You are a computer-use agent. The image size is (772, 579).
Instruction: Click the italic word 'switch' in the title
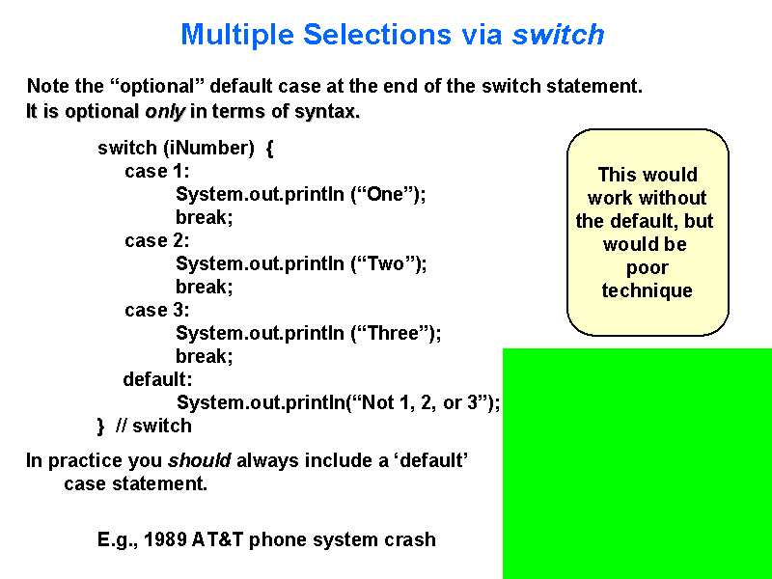click(558, 35)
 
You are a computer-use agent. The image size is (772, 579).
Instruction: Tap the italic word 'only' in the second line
click(164, 111)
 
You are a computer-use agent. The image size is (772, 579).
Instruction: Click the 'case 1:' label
click(157, 171)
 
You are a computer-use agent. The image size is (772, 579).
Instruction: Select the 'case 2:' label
click(157, 240)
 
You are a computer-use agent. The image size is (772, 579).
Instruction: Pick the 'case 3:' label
click(157, 310)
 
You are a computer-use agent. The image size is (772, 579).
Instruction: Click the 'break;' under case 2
click(204, 287)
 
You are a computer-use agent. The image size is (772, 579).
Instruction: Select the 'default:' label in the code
click(157, 379)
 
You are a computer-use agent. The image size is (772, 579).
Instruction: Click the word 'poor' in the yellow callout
click(647, 267)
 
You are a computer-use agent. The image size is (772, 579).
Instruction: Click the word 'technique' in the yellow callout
click(647, 290)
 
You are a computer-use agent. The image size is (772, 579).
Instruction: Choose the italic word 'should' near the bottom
click(200, 460)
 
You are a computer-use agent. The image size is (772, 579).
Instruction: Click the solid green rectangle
click(637, 463)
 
